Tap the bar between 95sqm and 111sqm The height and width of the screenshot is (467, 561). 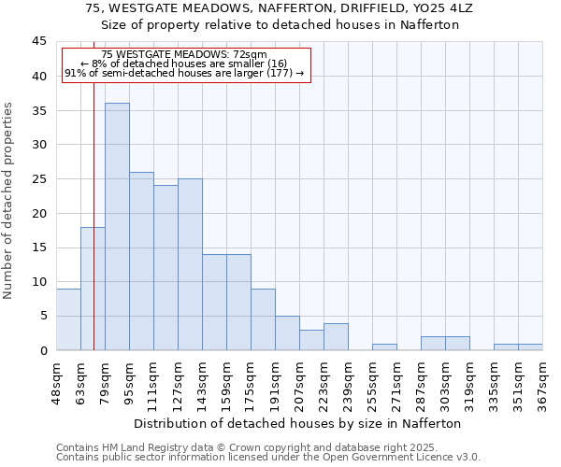pyautogui.click(x=141, y=262)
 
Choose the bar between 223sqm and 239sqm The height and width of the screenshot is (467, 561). pyautogui.click(x=336, y=337)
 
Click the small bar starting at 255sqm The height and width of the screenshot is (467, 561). pyautogui.click(x=384, y=347)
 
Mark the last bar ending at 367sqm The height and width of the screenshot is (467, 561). pyautogui.click(x=530, y=347)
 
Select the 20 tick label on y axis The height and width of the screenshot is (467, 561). pyautogui.click(x=39, y=213)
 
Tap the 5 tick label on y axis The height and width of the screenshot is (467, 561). pyautogui.click(x=43, y=316)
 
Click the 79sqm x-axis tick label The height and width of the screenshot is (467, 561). pyautogui.click(x=105, y=384)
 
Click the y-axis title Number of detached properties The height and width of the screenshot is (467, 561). pyautogui.click(x=9, y=201)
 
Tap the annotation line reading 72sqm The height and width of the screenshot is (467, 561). pyautogui.click(x=185, y=55)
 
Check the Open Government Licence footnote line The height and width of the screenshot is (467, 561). pyautogui.click(x=268, y=458)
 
